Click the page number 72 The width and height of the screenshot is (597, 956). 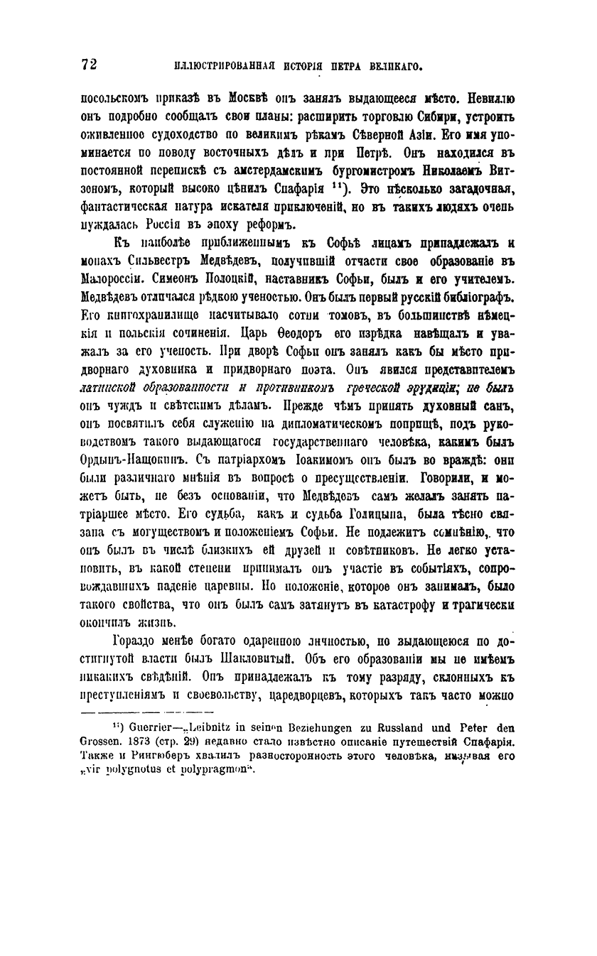click(90, 64)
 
